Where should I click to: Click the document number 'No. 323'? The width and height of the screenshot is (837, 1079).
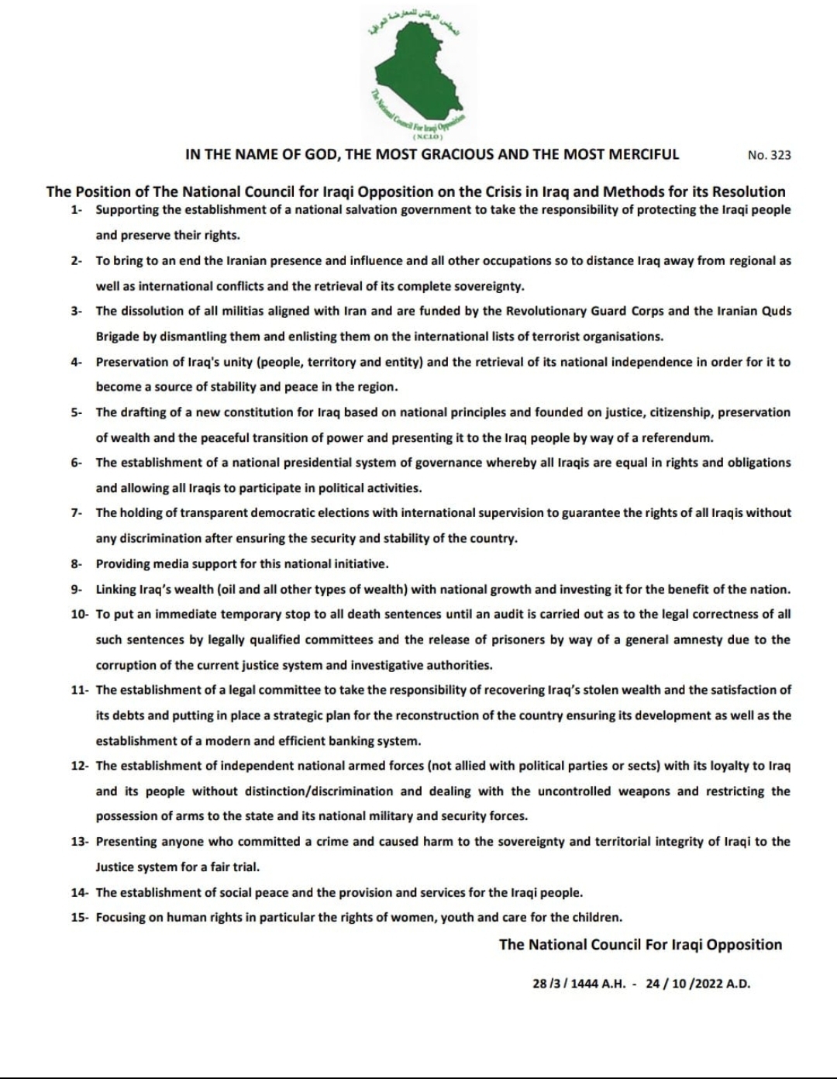click(x=770, y=155)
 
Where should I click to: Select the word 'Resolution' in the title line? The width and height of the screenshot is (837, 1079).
click(x=749, y=191)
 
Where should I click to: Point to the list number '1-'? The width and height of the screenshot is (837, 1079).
click(x=76, y=210)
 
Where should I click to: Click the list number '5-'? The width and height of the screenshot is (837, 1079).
click(x=76, y=412)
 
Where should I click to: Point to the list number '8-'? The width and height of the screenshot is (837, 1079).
click(x=76, y=564)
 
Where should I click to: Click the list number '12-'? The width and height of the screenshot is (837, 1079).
click(x=79, y=766)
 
